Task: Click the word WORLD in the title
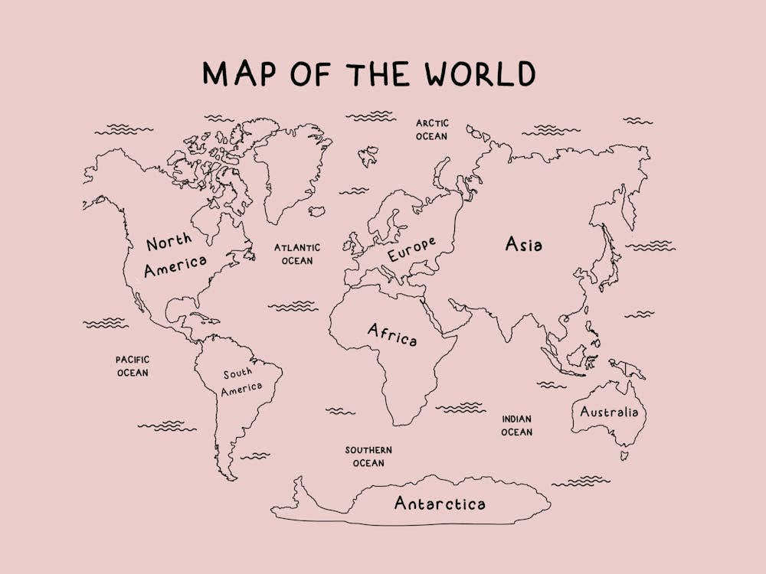(480, 74)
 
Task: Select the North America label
(175, 256)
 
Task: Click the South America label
(241, 381)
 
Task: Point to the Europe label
(411, 249)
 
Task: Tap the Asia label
(524, 245)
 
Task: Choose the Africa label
(392, 334)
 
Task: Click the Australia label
(608, 412)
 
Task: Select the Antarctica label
(440, 504)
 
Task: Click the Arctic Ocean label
(432, 129)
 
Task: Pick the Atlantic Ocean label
(297, 254)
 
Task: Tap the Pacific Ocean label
(133, 366)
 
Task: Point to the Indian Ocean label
(517, 426)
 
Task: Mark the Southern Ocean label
(368, 456)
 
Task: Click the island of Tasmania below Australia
(624, 455)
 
